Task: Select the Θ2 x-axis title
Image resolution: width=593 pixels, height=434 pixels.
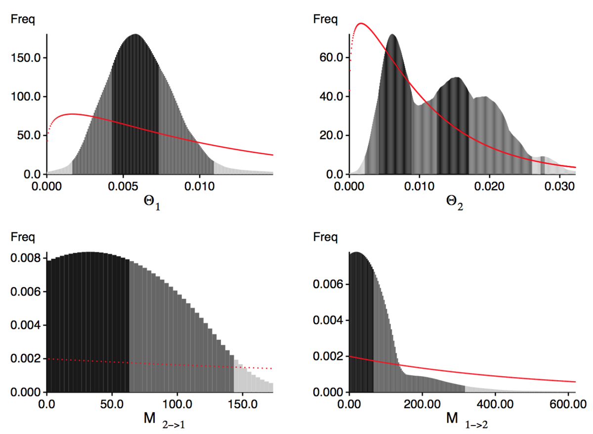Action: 455,203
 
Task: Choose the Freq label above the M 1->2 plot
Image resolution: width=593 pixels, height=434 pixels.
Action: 325,238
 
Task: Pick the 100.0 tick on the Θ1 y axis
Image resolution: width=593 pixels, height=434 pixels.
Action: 25,96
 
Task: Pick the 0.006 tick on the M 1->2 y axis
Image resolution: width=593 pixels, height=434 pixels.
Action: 327,284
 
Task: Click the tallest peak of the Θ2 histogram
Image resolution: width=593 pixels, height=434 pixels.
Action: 392,35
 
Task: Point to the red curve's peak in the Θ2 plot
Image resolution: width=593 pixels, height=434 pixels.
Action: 361,23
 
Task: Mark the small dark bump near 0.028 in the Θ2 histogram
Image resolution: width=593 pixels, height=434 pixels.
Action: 543,159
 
